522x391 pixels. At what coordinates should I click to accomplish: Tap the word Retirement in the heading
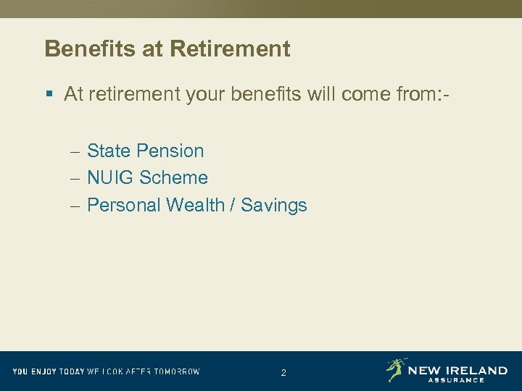click(230, 49)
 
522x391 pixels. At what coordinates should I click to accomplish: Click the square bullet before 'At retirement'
click(49, 95)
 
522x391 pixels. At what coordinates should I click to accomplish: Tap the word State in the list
click(109, 151)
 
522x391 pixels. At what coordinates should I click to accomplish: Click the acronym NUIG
click(112, 177)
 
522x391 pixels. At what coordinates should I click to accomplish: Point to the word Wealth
click(195, 205)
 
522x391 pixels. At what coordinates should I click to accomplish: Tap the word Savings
click(274, 205)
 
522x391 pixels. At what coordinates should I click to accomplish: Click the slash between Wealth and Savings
click(233, 205)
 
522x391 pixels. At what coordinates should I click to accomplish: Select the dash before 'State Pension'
click(76, 151)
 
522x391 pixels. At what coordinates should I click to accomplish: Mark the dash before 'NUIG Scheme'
click(76, 178)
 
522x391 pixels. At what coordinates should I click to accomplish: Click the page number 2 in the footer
click(283, 373)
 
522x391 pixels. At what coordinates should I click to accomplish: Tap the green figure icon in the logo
click(395, 369)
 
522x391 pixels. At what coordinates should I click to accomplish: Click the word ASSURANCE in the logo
click(456, 379)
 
